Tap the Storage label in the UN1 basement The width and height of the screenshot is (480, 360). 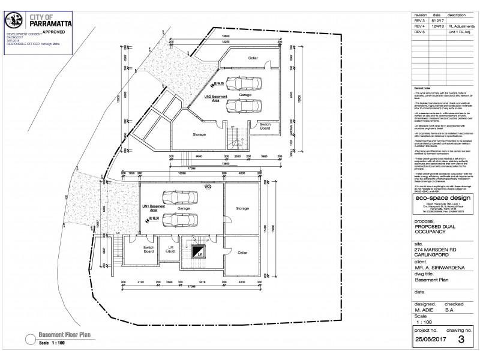[242, 208]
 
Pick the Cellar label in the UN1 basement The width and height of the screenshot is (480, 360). [242, 253]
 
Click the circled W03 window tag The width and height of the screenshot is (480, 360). [208, 187]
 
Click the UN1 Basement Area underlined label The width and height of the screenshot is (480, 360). [149, 209]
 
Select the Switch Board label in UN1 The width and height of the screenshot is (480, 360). [149, 249]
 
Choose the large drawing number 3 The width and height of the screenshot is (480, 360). [460, 339]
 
